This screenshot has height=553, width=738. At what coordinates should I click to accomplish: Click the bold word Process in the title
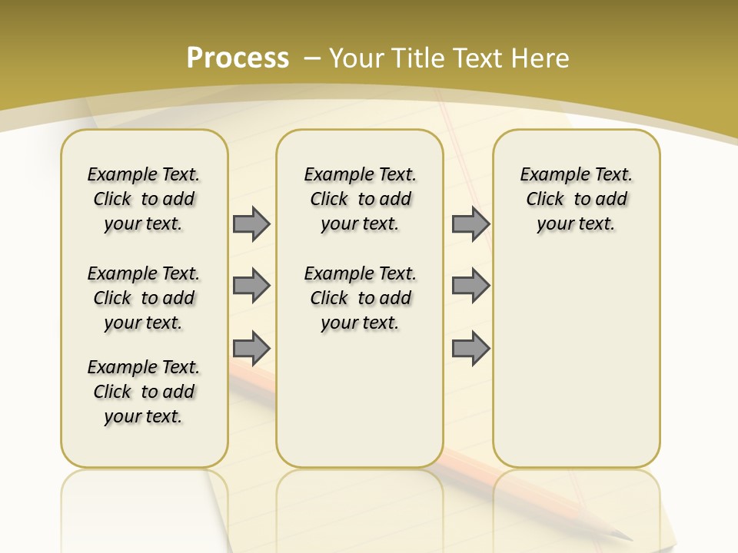tap(238, 58)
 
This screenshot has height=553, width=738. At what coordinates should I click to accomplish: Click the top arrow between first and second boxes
tap(251, 224)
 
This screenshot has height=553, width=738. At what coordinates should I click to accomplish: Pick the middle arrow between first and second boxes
tap(251, 286)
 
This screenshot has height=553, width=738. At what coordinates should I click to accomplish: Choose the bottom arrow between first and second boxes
tap(251, 348)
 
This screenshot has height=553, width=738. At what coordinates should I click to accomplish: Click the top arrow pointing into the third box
tap(470, 224)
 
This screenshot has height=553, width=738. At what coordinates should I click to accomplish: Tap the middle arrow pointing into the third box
tap(470, 286)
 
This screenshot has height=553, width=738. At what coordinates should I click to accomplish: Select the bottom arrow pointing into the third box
tap(470, 348)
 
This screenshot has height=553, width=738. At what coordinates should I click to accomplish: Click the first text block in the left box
tap(144, 199)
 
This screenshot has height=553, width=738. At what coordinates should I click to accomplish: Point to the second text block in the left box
tap(144, 298)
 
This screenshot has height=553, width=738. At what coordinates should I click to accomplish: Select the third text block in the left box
tap(144, 392)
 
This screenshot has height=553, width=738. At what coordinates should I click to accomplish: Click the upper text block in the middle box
tap(360, 199)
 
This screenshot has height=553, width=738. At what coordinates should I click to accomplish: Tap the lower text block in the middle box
tap(360, 298)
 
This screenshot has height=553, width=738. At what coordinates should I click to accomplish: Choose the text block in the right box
tap(576, 199)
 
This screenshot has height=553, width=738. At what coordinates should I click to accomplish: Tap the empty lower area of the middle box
tap(360, 399)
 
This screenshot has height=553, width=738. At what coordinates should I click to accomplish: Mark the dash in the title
tap(312, 58)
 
